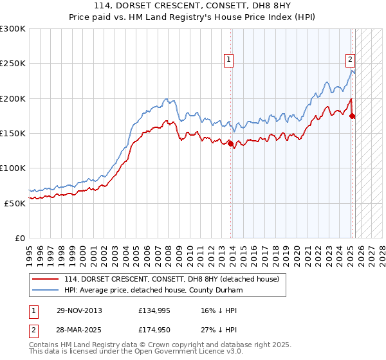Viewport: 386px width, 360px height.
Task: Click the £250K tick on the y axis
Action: tap(13, 64)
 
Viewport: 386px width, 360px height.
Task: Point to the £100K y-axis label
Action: tap(13, 168)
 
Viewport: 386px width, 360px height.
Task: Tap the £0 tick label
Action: tap(20, 237)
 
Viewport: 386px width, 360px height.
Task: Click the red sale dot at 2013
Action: tap(231, 144)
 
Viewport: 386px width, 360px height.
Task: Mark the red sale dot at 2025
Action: tap(353, 116)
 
